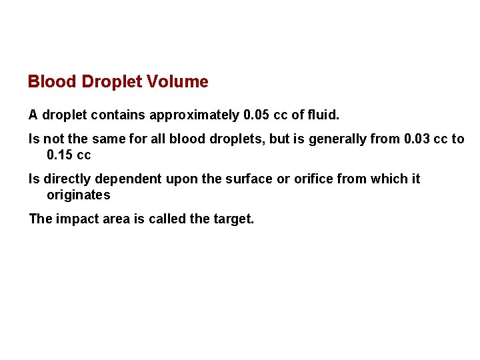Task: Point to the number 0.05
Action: [x=257, y=115]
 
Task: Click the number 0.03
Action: [x=417, y=139]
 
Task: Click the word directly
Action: [x=69, y=179]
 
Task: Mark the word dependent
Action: [x=129, y=179]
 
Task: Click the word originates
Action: [x=78, y=195]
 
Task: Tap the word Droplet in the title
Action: [x=114, y=82]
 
